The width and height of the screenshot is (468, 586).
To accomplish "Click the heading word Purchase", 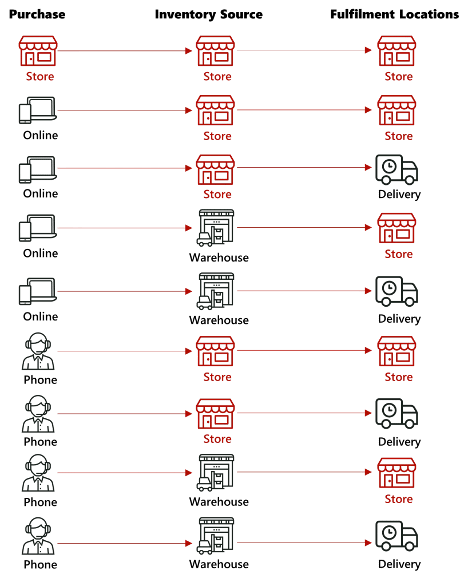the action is pos(37,14).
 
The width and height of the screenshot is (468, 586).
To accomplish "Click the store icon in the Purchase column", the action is pos(38,51).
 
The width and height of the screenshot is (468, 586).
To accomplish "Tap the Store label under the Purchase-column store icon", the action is pos(40,76).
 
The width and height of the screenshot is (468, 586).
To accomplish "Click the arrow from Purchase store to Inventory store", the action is pos(125,50).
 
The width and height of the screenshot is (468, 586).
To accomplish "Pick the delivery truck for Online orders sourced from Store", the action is pos(397,170).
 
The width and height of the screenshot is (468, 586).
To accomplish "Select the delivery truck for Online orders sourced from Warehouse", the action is pos(397,292).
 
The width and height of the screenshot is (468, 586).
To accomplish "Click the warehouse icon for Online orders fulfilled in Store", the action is pos(216,228).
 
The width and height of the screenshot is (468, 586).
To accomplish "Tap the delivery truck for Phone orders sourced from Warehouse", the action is pos(397,536).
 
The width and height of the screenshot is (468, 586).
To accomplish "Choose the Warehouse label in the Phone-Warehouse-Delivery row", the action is pos(219,564).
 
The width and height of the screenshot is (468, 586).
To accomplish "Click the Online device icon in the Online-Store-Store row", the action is pos(38,110).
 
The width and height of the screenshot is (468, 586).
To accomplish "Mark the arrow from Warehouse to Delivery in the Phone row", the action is pos(304,542).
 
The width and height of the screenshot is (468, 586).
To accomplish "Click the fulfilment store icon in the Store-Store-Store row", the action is pos(397,51).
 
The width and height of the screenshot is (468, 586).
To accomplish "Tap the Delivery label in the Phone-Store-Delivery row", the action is pos(399,442).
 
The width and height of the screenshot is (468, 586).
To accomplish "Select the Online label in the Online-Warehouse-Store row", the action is pos(40,253).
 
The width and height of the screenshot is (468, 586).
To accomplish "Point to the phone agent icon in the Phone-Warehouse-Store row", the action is pos(38,473).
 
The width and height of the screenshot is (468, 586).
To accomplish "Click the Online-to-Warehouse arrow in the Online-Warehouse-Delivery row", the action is pos(125,291).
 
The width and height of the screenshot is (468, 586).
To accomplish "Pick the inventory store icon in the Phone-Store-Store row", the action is pos(216,351).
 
